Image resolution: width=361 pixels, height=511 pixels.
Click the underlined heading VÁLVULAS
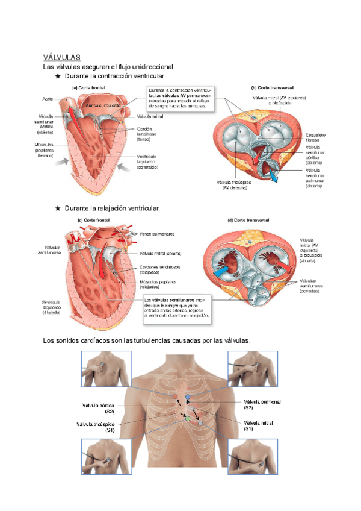point(61,57)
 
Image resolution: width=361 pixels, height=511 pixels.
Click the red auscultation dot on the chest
point(175,397)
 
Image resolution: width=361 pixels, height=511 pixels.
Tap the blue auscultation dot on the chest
point(188,397)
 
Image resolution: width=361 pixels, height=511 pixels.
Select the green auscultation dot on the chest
point(188,418)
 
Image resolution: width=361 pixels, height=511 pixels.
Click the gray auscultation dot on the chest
point(201,423)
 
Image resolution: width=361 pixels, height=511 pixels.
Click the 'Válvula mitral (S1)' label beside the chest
point(258,426)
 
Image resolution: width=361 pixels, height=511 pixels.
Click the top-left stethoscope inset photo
point(105,369)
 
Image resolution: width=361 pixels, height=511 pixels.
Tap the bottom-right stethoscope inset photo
point(253,459)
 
